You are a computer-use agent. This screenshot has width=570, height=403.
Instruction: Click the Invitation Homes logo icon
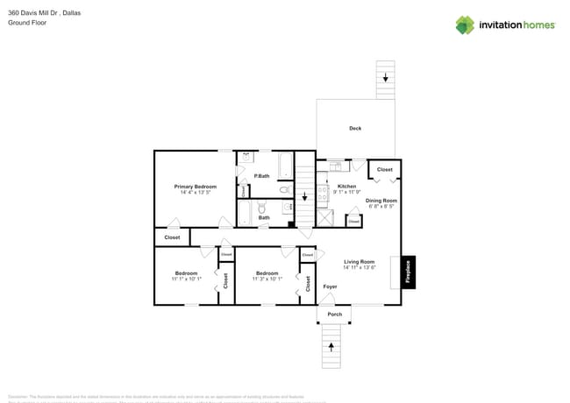point(464,25)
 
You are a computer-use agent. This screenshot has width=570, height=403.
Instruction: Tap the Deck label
point(355,129)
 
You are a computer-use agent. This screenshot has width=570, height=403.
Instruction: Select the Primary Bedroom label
point(195,187)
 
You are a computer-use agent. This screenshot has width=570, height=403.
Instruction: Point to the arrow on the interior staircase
point(304,197)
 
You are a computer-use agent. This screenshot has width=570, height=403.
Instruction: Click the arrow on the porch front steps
point(331,347)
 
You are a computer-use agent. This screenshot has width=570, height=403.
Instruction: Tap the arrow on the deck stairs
point(385,77)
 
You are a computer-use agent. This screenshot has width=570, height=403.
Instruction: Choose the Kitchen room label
point(347,187)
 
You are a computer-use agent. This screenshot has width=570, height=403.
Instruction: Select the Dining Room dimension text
point(381,207)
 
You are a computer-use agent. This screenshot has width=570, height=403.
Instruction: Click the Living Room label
point(360,262)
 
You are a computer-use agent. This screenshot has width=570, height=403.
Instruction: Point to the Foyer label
point(330,286)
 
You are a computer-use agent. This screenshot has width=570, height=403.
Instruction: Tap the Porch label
point(334,314)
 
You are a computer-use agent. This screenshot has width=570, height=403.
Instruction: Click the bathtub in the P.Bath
point(285,165)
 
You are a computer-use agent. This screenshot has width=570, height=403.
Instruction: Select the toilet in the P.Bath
point(284,189)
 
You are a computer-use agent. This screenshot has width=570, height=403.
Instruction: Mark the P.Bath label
point(261,176)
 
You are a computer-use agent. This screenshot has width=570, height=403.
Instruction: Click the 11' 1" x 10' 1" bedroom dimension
point(186,279)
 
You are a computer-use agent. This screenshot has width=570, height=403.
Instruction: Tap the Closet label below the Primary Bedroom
point(172,237)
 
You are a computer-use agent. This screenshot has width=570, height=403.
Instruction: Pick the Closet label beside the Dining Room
point(384,169)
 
